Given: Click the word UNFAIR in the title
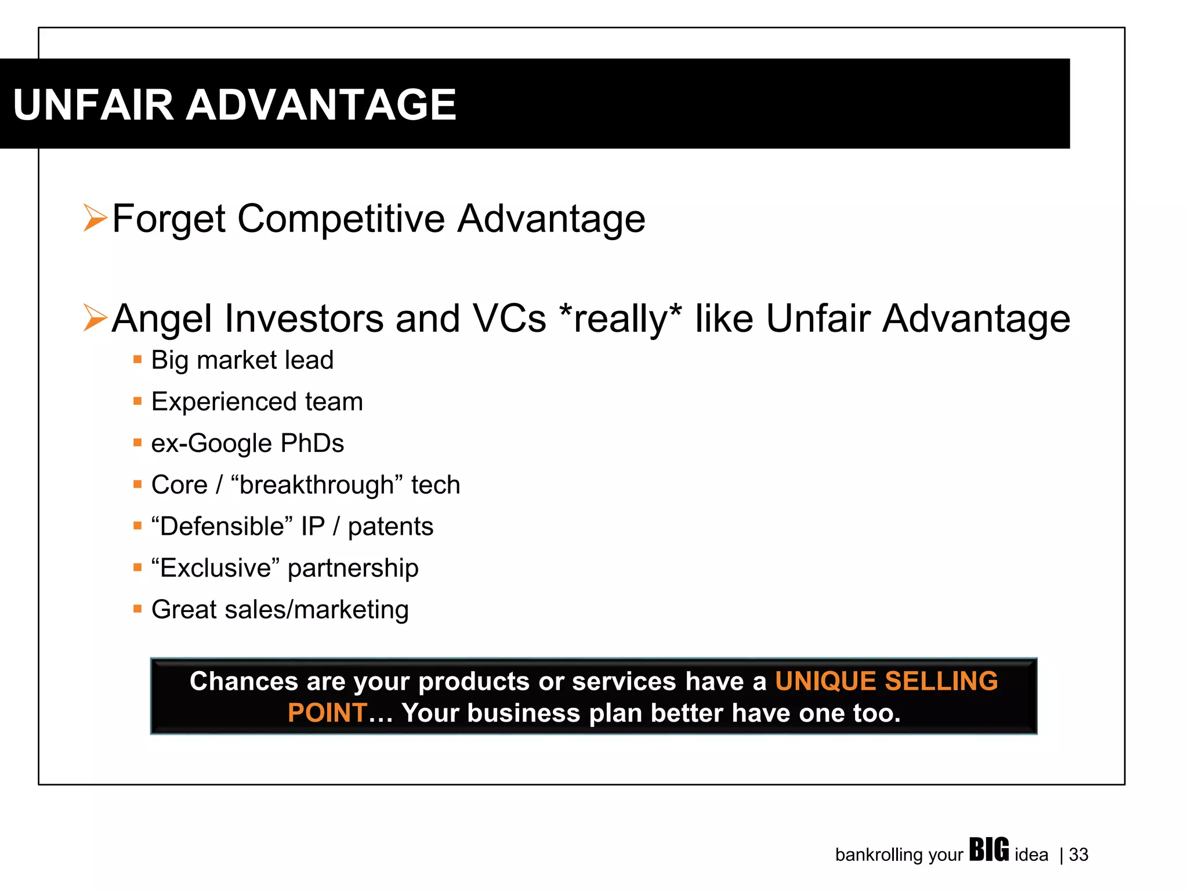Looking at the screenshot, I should (x=93, y=105).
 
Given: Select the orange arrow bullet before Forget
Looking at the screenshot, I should (x=95, y=218).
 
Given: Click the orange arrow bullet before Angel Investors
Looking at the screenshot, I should (x=95, y=318).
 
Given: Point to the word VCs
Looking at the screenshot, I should (x=509, y=319).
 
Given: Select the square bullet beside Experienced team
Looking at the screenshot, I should (x=137, y=401).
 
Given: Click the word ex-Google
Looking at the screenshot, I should (x=211, y=444).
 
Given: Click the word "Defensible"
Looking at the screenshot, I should (x=222, y=527).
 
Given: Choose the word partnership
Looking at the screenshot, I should (x=353, y=568).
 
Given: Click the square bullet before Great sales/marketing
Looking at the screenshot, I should (x=137, y=609).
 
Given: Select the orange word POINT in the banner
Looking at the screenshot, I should (x=327, y=713).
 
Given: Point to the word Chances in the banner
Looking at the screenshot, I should (x=244, y=681).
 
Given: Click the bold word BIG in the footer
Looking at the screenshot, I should (x=988, y=850).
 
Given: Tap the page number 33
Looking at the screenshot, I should (x=1078, y=855).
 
